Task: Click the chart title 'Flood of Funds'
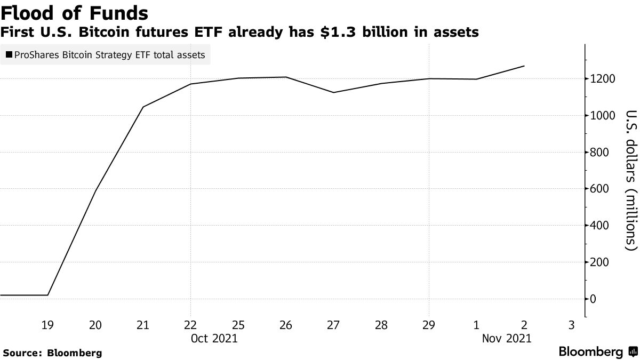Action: (x=75, y=12)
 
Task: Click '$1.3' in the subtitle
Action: (x=330, y=33)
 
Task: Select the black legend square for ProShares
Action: (x=9, y=55)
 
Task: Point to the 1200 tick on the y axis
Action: (x=601, y=79)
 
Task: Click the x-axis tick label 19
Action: (x=48, y=325)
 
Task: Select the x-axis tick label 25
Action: (x=238, y=325)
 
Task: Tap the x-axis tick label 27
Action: (x=334, y=325)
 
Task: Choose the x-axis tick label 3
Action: (x=572, y=325)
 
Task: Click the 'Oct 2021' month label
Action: (x=214, y=338)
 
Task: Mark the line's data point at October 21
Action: (x=143, y=107)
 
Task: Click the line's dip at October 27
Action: (x=334, y=92)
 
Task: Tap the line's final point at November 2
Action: (x=524, y=66)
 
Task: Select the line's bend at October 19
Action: (x=48, y=295)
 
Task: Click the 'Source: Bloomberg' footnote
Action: (x=52, y=353)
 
